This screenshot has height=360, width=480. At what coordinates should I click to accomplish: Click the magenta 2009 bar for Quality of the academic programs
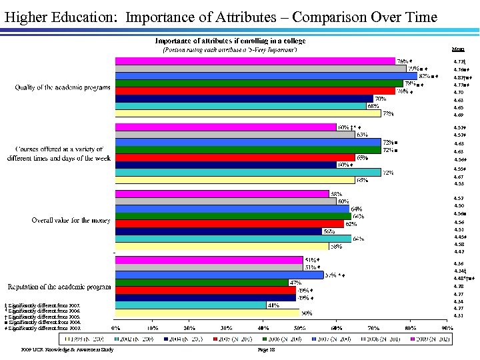[x=255, y=61]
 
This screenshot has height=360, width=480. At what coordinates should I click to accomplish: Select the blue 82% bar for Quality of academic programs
[x=266, y=75]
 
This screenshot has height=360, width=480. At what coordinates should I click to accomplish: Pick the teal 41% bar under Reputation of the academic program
[x=191, y=305]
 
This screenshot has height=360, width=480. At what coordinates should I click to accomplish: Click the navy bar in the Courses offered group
[x=226, y=165]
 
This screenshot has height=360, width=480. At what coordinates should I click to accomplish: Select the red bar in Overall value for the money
[x=229, y=224]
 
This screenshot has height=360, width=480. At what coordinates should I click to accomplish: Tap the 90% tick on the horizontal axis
[x=447, y=329]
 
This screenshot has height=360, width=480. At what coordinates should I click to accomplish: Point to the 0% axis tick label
[x=115, y=329]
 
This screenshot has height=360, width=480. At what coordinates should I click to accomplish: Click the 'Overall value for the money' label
[x=72, y=220]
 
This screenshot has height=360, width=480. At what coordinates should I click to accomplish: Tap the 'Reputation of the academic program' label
[x=63, y=287]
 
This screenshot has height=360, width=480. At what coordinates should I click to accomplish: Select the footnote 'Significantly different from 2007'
[x=44, y=305]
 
